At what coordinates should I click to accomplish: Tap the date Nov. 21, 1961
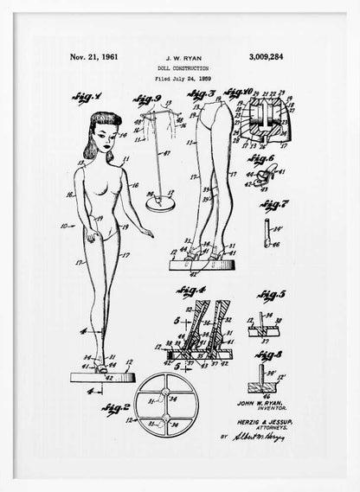point(93,57)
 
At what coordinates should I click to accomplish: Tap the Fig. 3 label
point(202,94)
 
